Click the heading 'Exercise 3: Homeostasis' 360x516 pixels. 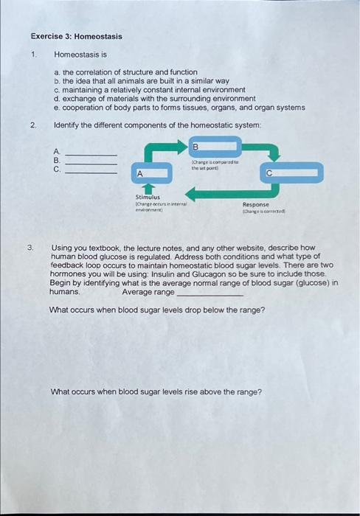76,36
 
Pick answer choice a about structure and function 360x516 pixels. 125,72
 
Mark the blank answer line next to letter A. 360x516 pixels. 92,154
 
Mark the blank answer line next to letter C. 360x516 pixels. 92,171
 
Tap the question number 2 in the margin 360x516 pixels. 33,125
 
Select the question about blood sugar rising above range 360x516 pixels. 155,391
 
